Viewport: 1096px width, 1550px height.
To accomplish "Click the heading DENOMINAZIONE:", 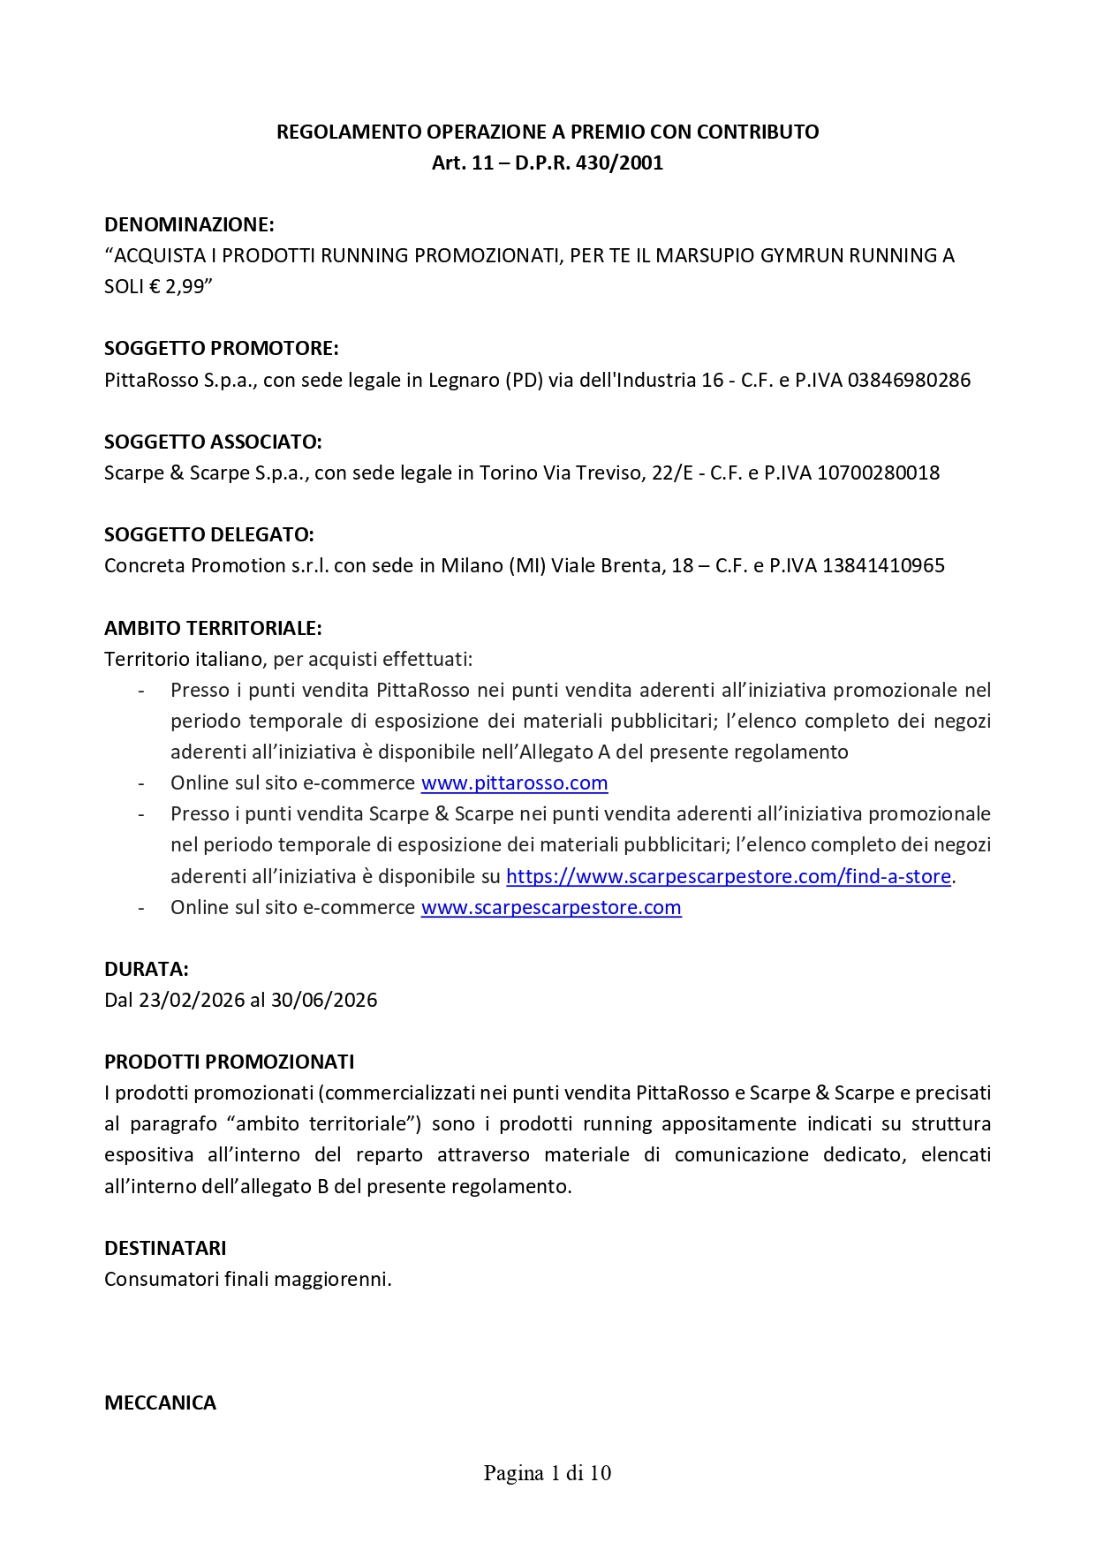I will point(189,224).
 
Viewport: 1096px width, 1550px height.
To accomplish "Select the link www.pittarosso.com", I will point(514,783).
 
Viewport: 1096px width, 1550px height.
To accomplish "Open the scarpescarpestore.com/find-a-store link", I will point(728,876).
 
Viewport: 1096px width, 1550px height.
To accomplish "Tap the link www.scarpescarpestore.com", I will point(550,907).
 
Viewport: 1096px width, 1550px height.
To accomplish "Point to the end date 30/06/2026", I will point(324,1000).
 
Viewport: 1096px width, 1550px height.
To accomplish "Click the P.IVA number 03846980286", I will point(909,380).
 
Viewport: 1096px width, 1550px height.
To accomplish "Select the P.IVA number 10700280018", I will point(878,473).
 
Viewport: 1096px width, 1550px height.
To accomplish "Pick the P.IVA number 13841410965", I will point(883,565).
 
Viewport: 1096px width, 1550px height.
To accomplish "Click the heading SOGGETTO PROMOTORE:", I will point(222,348).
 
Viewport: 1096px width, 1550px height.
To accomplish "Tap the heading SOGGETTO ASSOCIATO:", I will point(213,442).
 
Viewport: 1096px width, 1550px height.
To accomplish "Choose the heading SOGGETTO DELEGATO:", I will point(209,534).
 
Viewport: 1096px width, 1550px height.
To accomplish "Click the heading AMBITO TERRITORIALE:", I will point(213,628).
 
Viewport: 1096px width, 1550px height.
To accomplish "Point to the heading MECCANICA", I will point(160,1403).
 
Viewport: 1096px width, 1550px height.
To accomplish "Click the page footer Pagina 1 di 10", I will point(548,1472).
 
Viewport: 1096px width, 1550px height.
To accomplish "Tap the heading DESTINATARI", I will point(165,1248).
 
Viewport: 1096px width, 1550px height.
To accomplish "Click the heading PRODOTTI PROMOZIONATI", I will point(229,1062).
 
